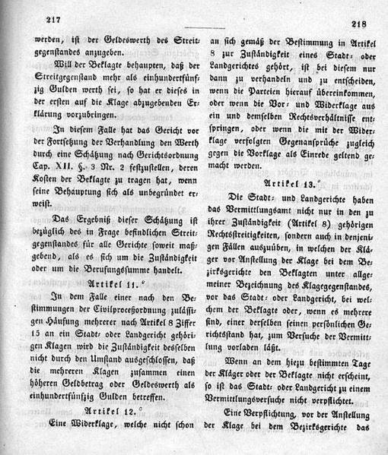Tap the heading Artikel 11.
[x=116, y=282]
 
